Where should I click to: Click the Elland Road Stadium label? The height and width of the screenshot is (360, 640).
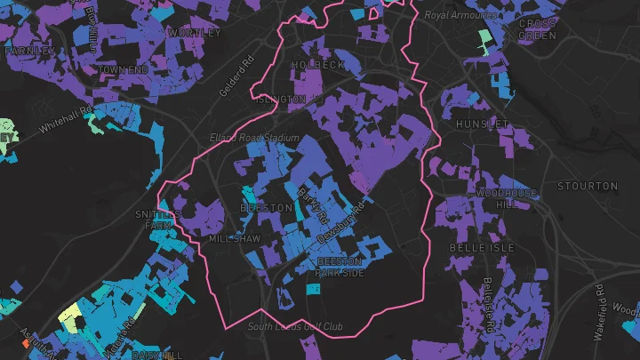pos(253,139)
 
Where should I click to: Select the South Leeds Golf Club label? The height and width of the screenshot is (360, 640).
pos(295,326)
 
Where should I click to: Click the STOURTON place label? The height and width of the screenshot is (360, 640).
pos(586,186)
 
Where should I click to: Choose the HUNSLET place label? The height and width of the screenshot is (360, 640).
pos(482,124)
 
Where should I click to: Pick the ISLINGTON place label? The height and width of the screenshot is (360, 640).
pos(281,100)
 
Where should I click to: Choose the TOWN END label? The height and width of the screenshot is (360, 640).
pos(123,69)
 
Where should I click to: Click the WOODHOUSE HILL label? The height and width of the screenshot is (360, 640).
pos(507,198)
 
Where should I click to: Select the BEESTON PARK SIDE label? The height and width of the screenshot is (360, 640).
pos(340,267)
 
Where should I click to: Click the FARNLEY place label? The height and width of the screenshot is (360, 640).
pos(23,52)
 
